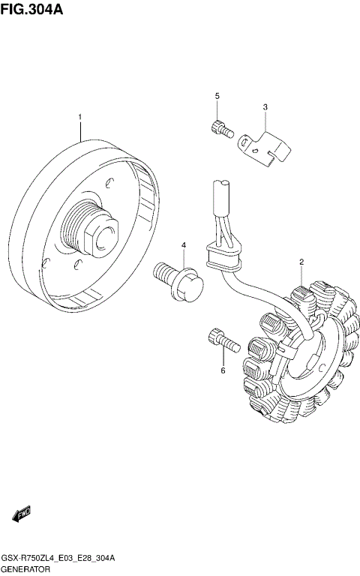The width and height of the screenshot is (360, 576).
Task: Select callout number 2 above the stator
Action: click(x=301, y=262)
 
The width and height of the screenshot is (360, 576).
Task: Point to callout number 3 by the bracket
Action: click(x=265, y=107)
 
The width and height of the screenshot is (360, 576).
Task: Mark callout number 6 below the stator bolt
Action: click(x=223, y=370)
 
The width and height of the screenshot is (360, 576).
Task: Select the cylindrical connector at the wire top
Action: click(x=222, y=197)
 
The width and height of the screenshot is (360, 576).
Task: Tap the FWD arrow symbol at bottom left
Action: click(x=19, y=514)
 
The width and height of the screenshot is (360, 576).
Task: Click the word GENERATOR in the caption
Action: click(x=26, y=569)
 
